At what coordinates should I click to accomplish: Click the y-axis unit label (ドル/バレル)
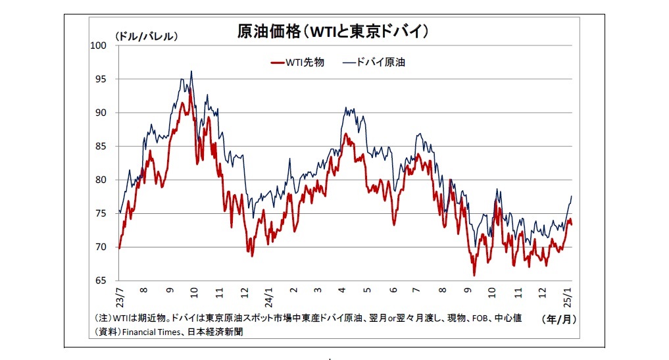pyautogui.click(x=146, y=37)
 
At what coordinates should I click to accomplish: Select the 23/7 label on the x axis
pyautogui.click(x=120, y=296)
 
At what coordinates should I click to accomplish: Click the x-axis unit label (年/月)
pyautogui.click(x=558, y=319)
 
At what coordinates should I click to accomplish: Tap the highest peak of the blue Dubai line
pyautogui.click(x=191, y=71)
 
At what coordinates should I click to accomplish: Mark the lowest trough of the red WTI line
pyautogui.click(x=474, y=275)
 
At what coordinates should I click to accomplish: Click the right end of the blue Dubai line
pyautogui.click(x=572, y=196)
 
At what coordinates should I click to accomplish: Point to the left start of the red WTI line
pyautogui.click(x=119, y=248)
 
